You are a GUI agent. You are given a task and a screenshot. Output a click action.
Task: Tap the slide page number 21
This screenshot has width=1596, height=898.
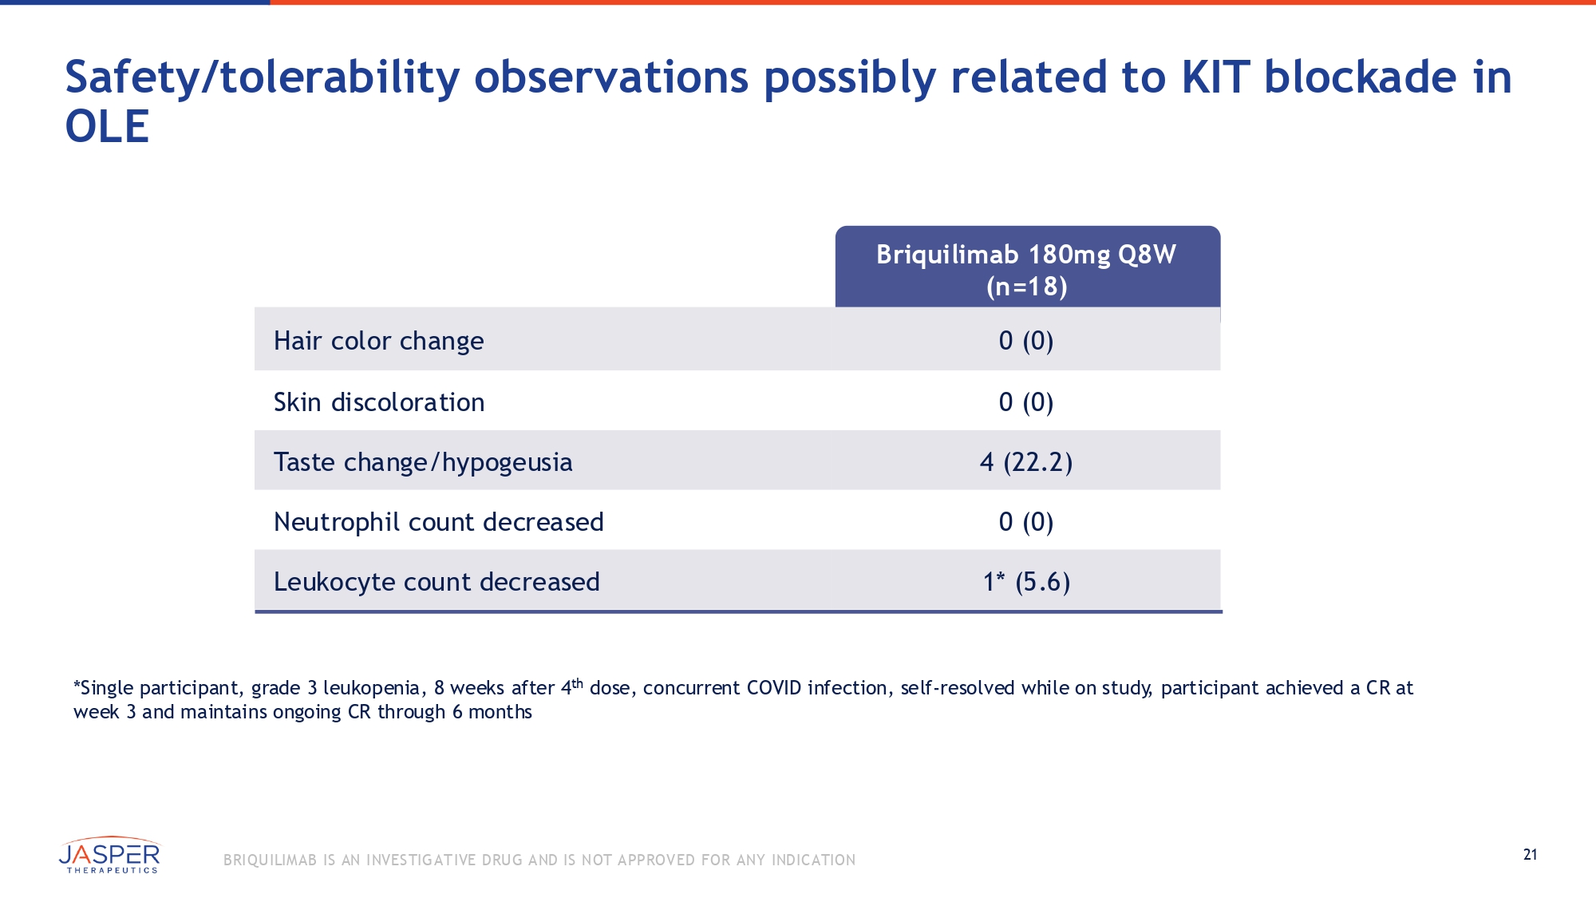1530,855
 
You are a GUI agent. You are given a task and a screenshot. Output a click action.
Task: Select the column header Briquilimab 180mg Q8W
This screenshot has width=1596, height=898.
1026,255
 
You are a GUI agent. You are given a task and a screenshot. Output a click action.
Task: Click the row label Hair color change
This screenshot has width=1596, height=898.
378,341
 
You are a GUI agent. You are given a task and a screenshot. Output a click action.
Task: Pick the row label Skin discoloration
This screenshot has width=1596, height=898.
379,402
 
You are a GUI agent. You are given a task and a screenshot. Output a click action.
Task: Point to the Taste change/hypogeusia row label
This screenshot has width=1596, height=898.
423,462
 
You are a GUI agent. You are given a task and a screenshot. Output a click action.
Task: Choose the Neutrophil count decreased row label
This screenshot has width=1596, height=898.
438,522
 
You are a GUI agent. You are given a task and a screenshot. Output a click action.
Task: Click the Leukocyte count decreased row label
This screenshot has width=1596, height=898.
437,582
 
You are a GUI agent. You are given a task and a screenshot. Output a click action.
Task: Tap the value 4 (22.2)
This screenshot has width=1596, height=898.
1026,462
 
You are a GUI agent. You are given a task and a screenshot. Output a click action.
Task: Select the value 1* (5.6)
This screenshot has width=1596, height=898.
1026,582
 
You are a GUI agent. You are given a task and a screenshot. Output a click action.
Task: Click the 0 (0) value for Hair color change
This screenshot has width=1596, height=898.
1026,341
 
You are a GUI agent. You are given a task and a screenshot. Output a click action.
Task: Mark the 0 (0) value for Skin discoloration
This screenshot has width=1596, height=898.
1026,402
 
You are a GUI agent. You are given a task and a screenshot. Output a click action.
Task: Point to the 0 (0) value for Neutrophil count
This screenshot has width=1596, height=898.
1026,522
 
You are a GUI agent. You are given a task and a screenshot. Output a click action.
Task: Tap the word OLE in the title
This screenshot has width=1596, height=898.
107,127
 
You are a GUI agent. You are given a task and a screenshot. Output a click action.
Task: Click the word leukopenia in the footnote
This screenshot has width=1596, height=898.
371,688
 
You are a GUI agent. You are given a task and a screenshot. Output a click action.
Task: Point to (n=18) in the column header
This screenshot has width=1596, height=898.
1026,287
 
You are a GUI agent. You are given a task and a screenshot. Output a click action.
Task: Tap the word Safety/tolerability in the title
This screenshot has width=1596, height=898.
263,77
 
